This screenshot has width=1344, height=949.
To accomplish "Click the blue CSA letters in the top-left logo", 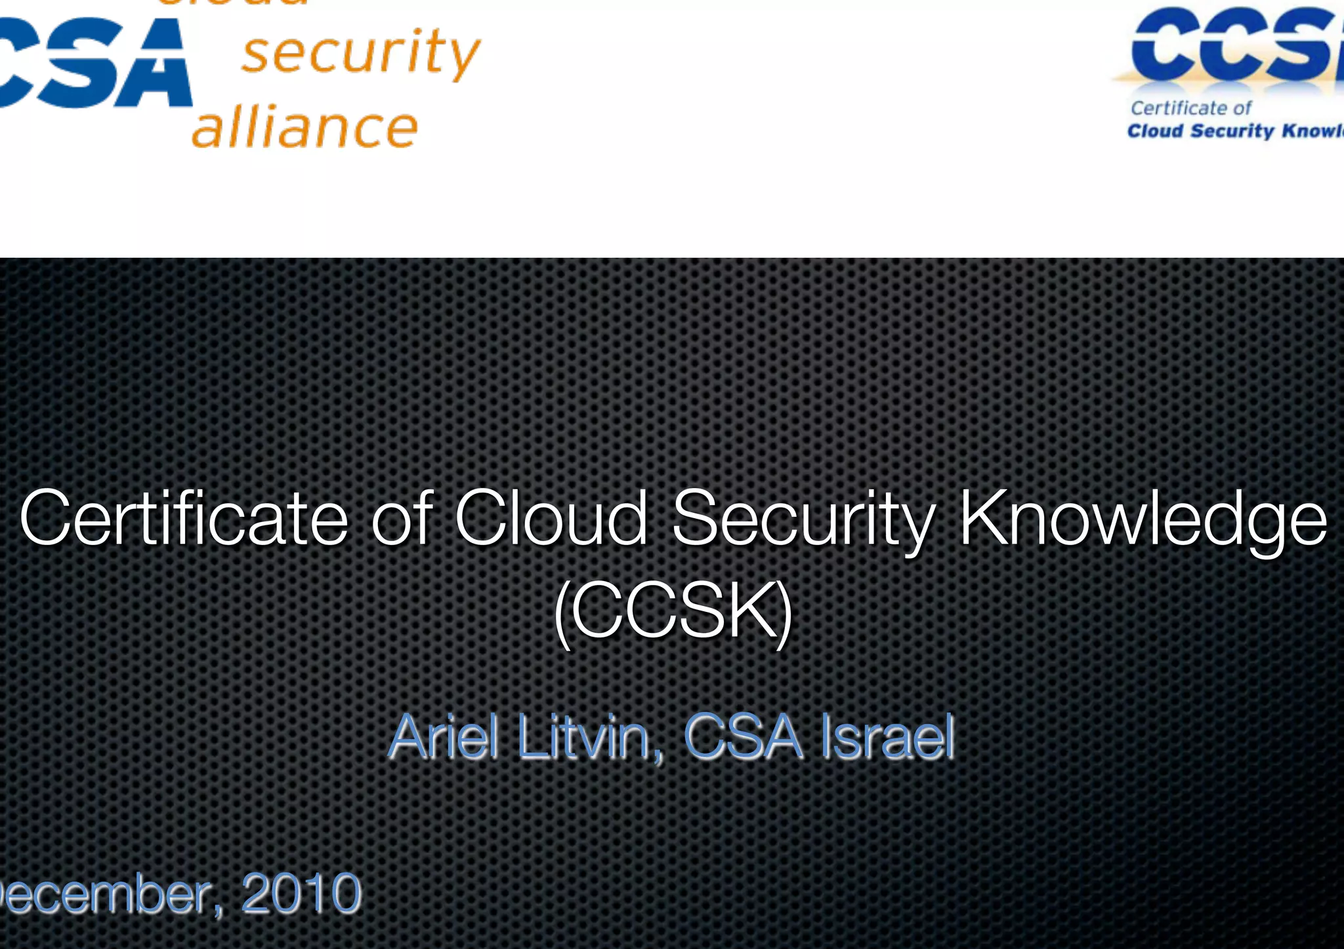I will tap(92, 63).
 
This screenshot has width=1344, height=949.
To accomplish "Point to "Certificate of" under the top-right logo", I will tap(1190, 108).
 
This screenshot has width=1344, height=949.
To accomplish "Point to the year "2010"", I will tap(301, 893).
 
